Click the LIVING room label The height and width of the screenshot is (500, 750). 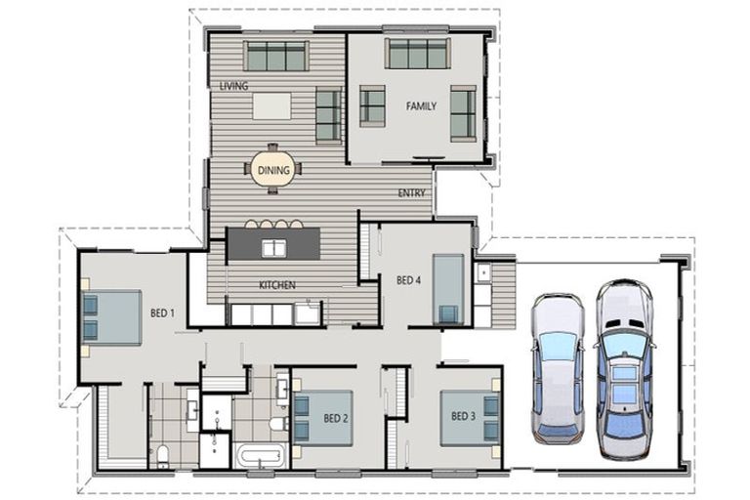tap(234, 86)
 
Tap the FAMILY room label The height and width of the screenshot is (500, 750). tap(421, 106)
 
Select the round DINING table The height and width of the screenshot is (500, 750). tap(273, 169)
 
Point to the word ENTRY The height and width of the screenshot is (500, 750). tap(411, 192)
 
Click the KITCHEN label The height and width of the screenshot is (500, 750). tap(277, 285)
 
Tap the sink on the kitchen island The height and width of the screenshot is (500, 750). tap(273, 248)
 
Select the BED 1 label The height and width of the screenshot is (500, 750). tap(163, 313)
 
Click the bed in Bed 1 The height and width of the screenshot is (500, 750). tap(112, 317)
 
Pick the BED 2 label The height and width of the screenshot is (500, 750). tap(336, 419)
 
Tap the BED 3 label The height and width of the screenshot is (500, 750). tap(463, 416)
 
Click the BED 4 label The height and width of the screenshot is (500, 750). tap(408, 280)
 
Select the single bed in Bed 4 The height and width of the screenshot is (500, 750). tap(448, 289)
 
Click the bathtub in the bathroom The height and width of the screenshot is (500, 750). tap(260, 455)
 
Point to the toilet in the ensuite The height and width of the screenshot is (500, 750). tap(163, 455)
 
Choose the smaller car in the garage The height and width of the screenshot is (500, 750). tap(559, 367)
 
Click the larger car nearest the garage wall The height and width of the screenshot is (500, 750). tap(624, 369)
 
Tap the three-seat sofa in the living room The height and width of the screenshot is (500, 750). tap(276, 56)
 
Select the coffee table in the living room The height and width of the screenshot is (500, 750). tap(271, 106)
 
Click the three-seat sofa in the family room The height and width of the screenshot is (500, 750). tap(418, 53)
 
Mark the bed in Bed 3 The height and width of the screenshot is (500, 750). tap(470, 419)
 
